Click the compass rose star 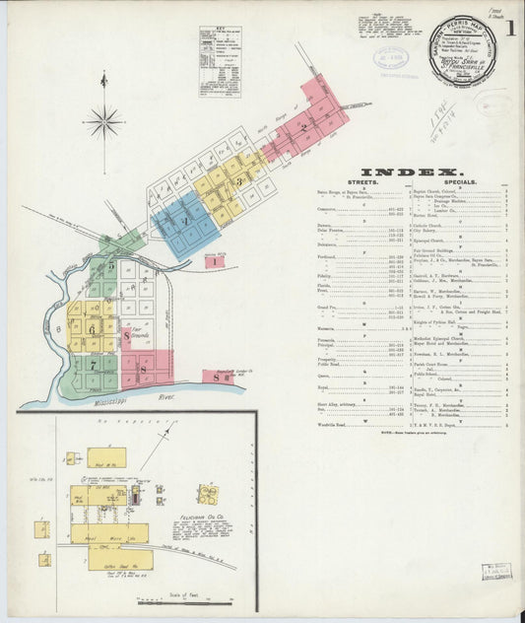coord(103,122)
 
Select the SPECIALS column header coord(461,182)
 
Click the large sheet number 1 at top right coord(513,29)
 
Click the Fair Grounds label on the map coord(147,336)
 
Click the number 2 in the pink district coord(305,126)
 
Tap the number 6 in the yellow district coord(94,330)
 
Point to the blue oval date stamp coord(392,56)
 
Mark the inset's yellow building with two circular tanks coord(207,494)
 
